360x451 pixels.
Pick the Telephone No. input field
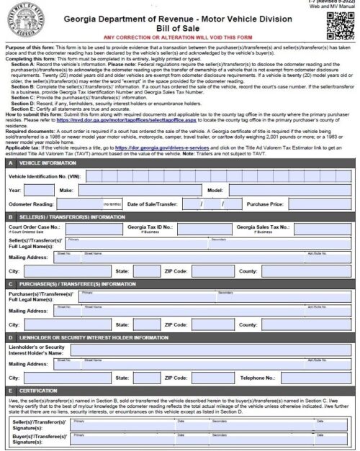point(317,376)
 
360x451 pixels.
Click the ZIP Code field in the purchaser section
point(212,324)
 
